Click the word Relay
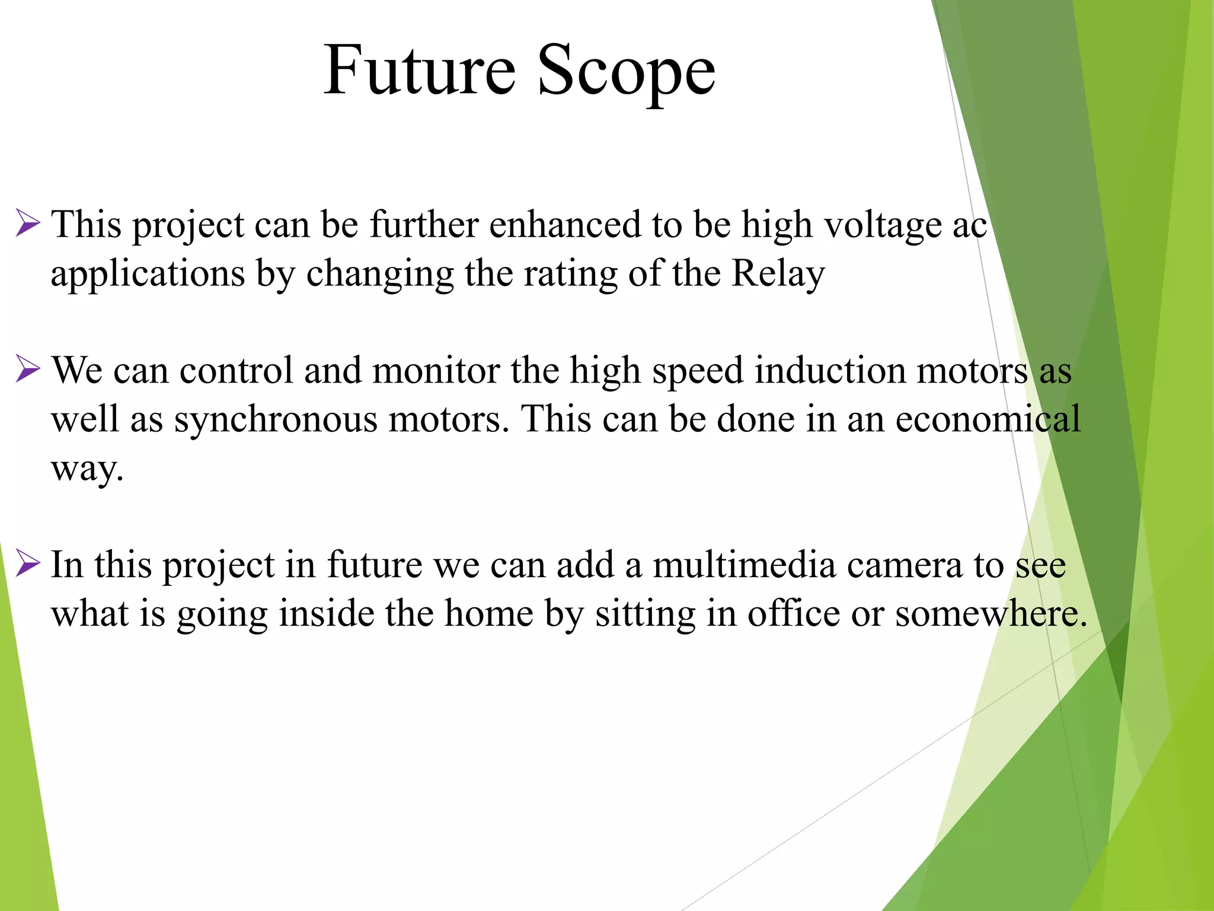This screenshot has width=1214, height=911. pos(778,274)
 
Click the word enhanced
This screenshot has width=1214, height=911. pos(566,225)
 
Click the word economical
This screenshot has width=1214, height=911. pos(988,419)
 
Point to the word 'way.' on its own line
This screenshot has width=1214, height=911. pos(87,469)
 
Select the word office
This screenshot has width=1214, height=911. pos(793,613)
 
